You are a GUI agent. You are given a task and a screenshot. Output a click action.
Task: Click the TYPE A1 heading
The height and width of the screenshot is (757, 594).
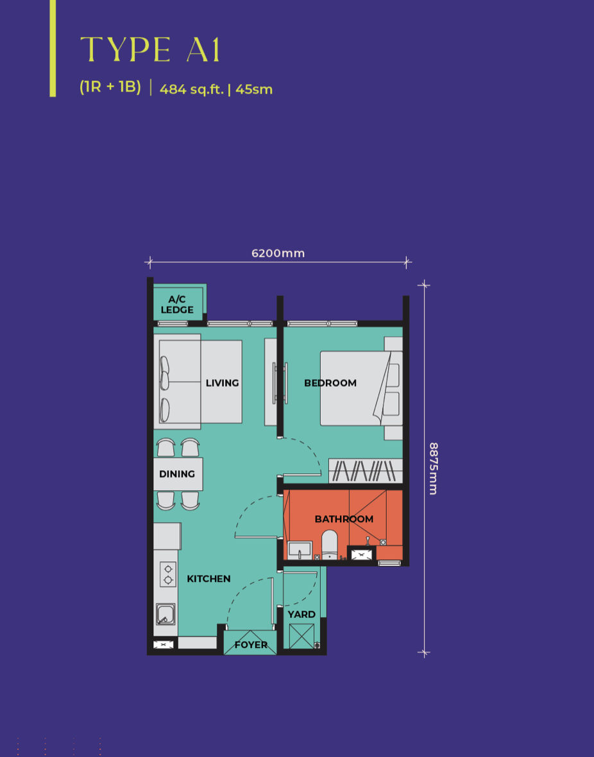point(150,49)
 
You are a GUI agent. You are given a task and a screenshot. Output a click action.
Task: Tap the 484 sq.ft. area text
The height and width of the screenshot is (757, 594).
point(191,89)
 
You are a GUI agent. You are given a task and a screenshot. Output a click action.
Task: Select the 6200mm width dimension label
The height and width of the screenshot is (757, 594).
point(278,253)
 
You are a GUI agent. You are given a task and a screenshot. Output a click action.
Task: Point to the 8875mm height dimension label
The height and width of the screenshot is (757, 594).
point(433,469)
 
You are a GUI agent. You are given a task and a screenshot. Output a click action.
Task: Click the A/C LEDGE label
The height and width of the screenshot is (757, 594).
point(177,305)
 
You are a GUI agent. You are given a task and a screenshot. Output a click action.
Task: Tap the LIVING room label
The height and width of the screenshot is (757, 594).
point(222,383)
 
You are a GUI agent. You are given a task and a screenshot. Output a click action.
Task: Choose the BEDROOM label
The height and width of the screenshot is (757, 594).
point(330,383)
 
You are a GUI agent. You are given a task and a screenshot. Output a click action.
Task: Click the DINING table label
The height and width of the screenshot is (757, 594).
point(177,473)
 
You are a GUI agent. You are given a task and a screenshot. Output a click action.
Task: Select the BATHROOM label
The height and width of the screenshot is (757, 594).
point(344,519)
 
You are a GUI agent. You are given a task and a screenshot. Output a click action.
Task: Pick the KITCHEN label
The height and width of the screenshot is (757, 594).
point(208,579)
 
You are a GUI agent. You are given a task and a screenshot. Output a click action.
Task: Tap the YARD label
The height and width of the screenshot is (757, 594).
point(301,614)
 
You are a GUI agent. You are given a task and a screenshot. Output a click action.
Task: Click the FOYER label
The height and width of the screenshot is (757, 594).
point(251,645)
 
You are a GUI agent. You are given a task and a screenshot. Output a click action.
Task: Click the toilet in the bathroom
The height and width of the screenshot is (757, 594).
point(330,545)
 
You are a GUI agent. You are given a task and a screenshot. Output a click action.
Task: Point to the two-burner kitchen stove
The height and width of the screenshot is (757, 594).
point(168,575)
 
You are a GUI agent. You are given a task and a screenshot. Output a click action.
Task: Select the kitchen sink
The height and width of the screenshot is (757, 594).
point(165,614)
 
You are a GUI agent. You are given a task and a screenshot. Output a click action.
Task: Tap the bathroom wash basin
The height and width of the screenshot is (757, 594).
point(300,550)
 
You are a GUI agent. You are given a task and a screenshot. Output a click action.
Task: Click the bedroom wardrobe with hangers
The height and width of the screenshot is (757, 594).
point(366,471)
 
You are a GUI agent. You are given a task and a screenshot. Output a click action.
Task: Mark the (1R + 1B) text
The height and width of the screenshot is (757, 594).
point(110,87)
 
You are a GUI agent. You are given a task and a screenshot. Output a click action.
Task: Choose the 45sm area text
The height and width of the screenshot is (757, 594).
point(254,89)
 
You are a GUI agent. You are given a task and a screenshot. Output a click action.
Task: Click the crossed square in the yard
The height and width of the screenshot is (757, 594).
point(301,636)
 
